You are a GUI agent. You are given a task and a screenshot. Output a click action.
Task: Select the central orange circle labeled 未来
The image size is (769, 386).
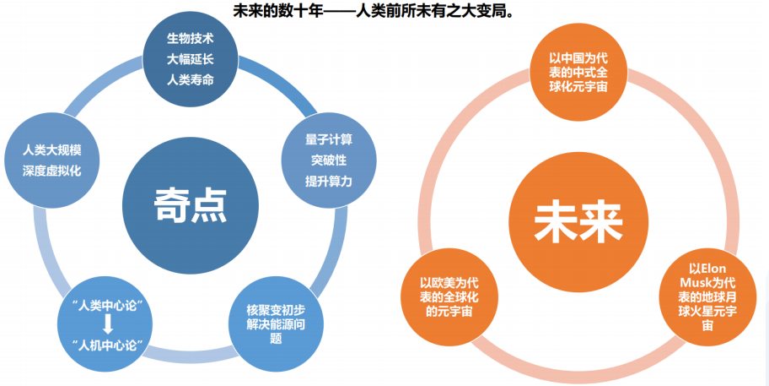point(578,218)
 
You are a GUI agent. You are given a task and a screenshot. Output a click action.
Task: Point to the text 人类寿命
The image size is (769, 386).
point(189,81)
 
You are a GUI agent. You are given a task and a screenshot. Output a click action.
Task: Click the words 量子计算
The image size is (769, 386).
point(329,139)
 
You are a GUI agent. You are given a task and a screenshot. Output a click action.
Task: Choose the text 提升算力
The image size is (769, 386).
point(329,181)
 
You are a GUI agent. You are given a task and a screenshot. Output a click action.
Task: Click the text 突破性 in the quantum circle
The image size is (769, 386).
point(329,160)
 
